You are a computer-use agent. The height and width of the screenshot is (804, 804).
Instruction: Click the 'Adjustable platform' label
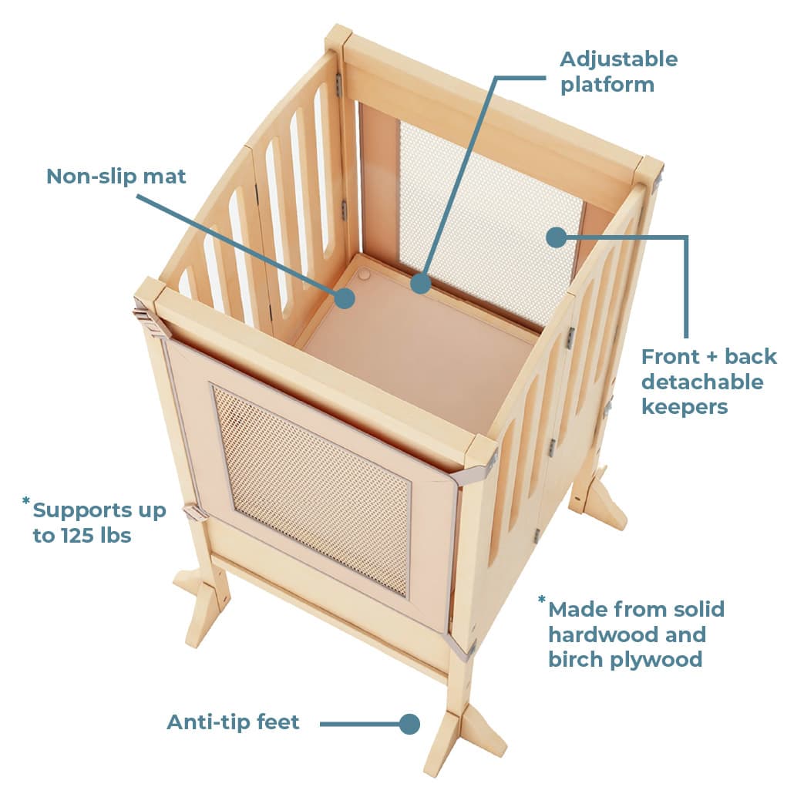click(618, 72)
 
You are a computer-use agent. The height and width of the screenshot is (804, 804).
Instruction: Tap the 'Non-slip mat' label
click(116, 177)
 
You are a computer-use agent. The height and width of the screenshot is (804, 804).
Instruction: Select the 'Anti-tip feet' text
click(233, 722)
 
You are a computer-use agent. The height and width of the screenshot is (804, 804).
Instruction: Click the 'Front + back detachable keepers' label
click(709, 382)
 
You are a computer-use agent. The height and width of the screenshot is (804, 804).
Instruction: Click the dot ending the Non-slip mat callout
click(345, 298)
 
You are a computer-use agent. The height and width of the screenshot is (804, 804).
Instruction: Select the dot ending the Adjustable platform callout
click(420, 283)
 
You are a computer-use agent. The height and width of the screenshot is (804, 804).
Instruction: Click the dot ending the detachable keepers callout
click(557, 237)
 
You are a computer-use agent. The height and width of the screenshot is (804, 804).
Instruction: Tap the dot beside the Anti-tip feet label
click(409, 724)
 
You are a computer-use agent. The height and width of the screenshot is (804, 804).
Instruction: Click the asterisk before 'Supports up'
click(26, 501)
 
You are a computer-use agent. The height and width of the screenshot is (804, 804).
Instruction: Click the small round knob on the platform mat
click(364, 275)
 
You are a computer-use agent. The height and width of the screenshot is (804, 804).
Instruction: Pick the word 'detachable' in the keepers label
click(702, 382)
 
